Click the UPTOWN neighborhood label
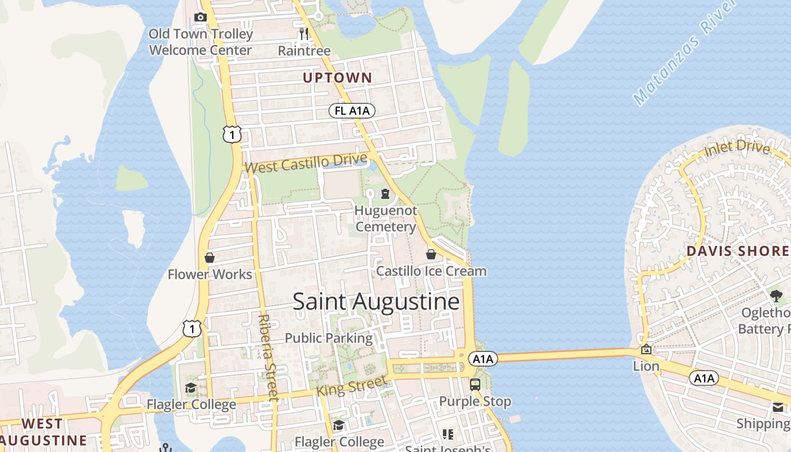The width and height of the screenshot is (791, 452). [x=337, y=78]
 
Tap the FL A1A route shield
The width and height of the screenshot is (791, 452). [x=352, y=111]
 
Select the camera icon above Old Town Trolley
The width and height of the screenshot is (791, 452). [x=200, y=18]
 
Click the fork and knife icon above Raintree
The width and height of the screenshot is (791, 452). [x=304, y=34]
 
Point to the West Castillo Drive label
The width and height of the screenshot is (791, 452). [x=306, y=164]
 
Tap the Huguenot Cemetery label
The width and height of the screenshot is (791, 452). [x=386, y=219]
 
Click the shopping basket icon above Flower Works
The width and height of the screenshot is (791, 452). [x=210, y=258]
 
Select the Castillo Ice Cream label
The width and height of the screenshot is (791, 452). [x=431, y=271]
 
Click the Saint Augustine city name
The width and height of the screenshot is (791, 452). [x=376, y=302]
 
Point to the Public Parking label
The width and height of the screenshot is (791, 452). [x=328, y=338]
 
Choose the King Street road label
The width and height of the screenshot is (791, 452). [x=352, y=387]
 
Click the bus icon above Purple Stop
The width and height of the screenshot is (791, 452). [x=475, y=385]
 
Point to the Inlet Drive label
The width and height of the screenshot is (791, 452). [x=737, y=148]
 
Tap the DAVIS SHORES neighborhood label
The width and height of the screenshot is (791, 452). [x=737, y=251]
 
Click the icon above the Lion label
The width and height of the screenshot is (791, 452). [x=646, y=350]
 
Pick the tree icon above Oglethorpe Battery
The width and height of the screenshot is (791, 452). [x=776, y=295]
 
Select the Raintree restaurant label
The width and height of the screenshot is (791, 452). [x=304, y=51]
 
